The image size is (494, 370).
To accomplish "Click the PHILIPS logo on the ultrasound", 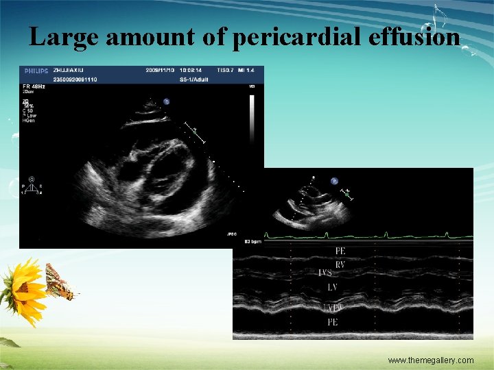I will coord(36,71).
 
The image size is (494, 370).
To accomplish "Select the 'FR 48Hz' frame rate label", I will coord(35,86).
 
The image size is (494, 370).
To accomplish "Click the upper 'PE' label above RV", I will coord(340,251).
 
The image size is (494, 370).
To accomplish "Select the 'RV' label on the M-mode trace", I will coord(340,264).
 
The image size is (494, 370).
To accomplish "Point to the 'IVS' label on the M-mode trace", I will coord(325,273).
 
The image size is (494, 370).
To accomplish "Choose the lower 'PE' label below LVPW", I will coord(332,321).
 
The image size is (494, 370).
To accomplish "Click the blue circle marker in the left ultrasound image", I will coord(166,102).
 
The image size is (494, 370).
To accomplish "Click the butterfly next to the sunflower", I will coord(59,282).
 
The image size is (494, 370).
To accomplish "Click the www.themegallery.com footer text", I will coord(430,360).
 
